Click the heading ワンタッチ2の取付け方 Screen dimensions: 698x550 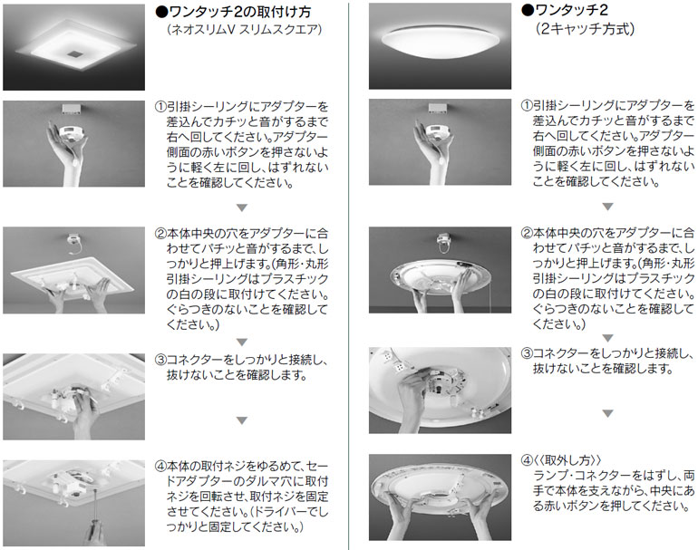[239, 12]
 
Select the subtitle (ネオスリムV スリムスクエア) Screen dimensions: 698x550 [245, 30]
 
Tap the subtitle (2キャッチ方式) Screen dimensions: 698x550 [585, 29]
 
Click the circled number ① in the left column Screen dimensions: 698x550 [160, 107]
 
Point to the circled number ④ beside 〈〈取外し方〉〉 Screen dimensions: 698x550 [527, 460]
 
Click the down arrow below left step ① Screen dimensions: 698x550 [242, 207]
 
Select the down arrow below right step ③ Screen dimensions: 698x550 [607, 413]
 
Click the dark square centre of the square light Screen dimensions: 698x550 [74, 54]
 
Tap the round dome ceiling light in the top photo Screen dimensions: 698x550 [440, 42]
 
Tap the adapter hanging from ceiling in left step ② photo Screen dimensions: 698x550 [74, 243]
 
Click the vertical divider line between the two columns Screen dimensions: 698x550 [349, 275]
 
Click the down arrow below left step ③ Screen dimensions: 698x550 [242, 420]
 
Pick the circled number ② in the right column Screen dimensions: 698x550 [527, 233]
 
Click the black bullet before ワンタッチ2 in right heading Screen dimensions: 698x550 [528, 10]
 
